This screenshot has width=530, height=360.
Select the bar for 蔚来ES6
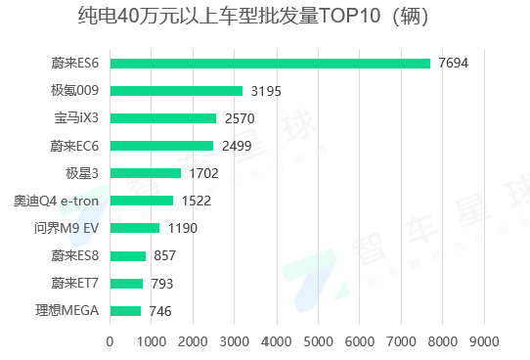click(270, 64)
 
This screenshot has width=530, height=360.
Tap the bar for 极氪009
click(176, 91)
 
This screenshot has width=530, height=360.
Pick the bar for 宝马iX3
click(163, 118)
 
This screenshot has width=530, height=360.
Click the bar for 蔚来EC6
click(161, 146)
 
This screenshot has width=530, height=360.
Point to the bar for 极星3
click(145, 173)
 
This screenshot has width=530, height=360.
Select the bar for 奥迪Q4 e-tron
click(141, 201)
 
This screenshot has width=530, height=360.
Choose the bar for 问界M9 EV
click(134, 228)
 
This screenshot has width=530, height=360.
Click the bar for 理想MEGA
click(125, 311)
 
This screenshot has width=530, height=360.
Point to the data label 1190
click(183, 228)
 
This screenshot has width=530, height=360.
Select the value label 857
click(165, 256)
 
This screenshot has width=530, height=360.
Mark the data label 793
click(162, 284)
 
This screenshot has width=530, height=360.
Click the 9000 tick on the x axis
click(484, 341)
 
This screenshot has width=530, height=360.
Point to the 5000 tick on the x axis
click(318, 341)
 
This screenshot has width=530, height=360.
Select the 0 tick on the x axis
click(110, 341)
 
